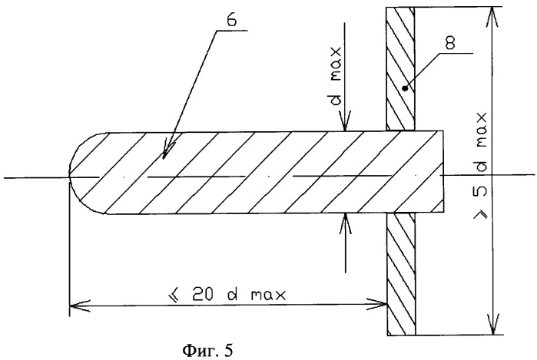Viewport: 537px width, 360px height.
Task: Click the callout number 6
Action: tap(230, 21)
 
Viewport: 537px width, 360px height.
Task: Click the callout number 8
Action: tap(450, 44)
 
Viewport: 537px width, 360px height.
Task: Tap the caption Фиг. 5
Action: tap(207, 350)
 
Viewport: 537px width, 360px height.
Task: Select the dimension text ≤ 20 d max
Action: tap(228, 294)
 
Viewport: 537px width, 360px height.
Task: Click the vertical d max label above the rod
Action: tap(336, 76)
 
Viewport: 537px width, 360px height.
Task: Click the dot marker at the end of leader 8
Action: tap(406, 88)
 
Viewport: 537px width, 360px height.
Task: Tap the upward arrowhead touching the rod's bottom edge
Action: tap(345, 223)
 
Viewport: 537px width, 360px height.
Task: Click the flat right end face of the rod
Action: tap(444, 171)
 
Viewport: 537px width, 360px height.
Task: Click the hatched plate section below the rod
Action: tap(401, 273)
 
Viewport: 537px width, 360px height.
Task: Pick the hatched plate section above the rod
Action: tap(401, 68)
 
